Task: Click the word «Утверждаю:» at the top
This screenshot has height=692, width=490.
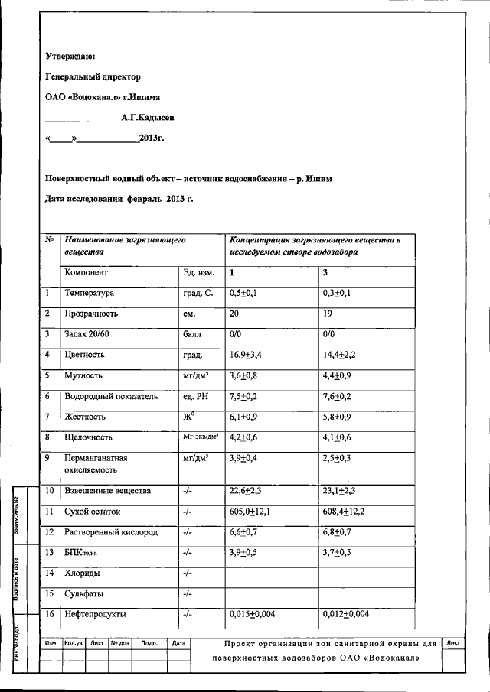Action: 70,56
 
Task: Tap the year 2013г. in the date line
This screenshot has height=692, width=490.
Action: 152,138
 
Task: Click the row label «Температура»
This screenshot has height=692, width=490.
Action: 90,293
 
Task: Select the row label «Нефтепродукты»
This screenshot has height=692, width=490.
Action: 96,614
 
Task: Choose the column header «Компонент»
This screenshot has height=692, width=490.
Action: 87,272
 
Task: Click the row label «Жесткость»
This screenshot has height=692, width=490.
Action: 85,417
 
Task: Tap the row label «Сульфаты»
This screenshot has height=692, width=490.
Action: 84,593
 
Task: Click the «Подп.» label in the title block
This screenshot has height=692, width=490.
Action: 149,644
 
